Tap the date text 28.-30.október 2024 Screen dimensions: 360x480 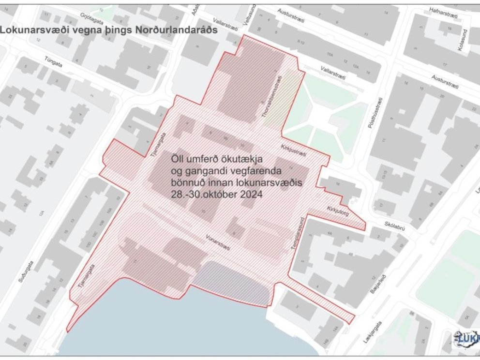pyautogui.click(x=216, y=195)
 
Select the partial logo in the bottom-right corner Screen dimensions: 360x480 pyautogui.click(x=467, y=339)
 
